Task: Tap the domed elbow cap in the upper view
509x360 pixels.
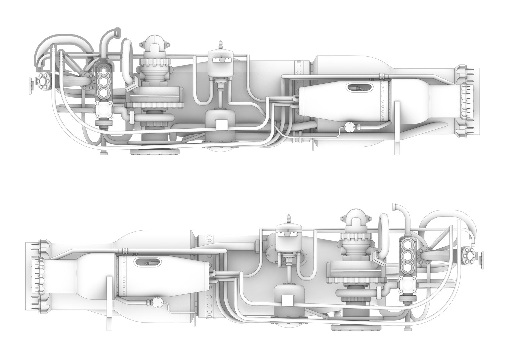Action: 155,44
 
